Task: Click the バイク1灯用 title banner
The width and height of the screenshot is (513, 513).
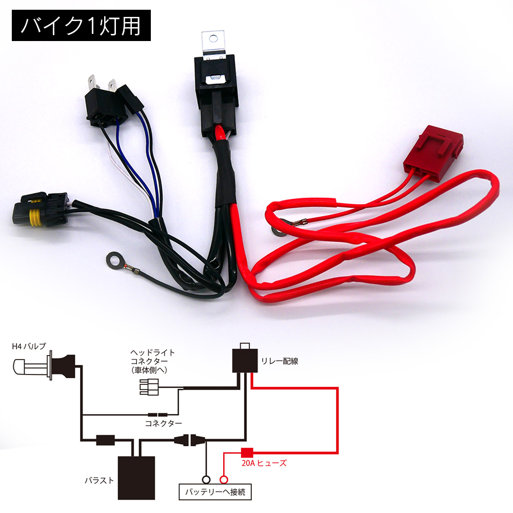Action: (81, 25)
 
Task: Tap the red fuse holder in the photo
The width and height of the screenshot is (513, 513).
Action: (433, 153)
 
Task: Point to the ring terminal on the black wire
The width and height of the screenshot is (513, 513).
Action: (114, 261)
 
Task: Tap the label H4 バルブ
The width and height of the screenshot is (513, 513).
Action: (29, 346)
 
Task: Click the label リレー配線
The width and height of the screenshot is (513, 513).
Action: (280, 361)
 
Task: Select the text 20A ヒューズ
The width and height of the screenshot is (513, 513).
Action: (264, 463)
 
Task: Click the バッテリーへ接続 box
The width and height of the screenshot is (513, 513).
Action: (215, 492)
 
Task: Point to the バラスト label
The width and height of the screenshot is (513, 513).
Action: (99, 480)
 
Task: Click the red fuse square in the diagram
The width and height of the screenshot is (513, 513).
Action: (247, 453)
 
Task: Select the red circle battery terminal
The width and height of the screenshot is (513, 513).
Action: (224, 480)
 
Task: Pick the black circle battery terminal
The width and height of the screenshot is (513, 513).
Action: (206, 480)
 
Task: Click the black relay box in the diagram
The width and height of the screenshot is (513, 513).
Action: (245, 361)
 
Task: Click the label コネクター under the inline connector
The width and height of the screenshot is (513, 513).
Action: (163, 423)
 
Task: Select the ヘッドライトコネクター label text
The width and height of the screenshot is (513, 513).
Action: (152, 361)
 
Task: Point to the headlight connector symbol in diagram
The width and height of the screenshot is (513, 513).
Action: (149, 387)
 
